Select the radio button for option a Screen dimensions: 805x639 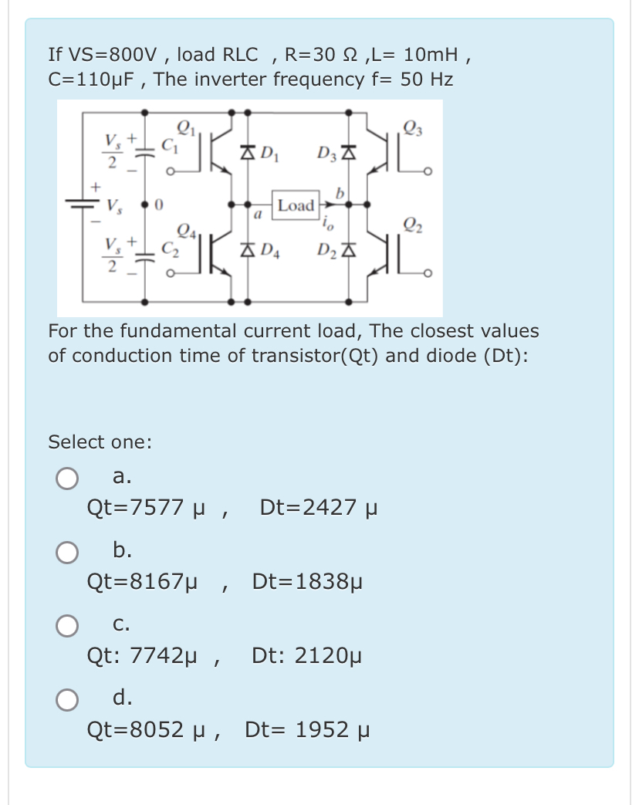pos(66,479)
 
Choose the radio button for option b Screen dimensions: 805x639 pos(66,553)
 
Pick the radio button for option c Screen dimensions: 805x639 pos(66,626)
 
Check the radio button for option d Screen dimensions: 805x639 pos(66,700)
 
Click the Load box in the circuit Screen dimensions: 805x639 pos(296,205)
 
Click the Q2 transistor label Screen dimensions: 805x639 pos(413,224)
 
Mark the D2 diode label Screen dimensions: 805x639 pos(326,250)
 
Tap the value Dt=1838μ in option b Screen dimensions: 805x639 pos(307,581)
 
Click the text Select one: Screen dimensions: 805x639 pos(100,442)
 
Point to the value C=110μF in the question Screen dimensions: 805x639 pos(94,79)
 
